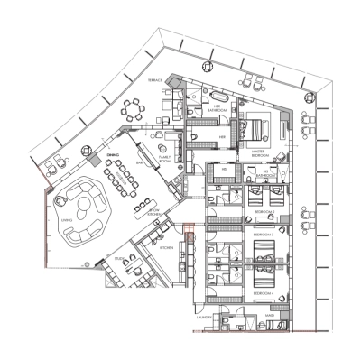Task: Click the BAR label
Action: point(140,163)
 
